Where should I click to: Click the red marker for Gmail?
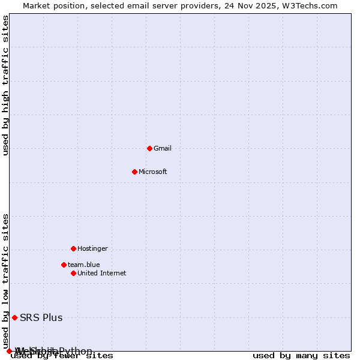(149, 148)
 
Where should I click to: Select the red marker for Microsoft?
(134, 172)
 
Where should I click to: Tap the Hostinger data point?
(73, 248)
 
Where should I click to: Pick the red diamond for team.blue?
(64, 265)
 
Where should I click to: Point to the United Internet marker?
(73, 273)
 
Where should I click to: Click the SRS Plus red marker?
(14, 317)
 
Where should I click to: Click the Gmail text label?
(162, 148)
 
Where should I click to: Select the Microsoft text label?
(152, 172)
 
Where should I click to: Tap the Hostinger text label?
(92, 248)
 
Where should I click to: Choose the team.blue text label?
(83, 265)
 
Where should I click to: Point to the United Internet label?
(101, 273)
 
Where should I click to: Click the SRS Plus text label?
(41, 317)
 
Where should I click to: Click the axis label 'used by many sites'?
(301, 355)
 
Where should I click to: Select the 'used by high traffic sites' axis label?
(6, 85)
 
